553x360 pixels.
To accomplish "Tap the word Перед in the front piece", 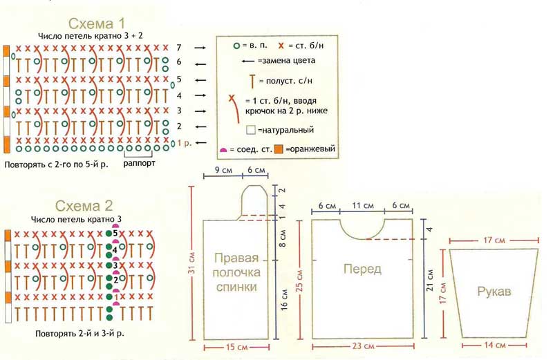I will pyautogui.click(x=362, y=269).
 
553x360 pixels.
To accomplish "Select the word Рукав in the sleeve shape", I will pyautogui.click(x=494, y=292).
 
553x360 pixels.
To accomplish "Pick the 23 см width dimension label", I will pyautogui.click(x=362, y=347).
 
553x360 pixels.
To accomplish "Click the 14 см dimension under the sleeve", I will pyautogui.click(x=494, y=343).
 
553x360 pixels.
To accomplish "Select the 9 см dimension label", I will pyautogui.click(x=222, y=170).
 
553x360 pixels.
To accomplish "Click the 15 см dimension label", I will pyautogui.click(x=238, y=347).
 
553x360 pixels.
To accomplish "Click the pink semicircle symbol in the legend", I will pyautogui.click(x=223, y=150).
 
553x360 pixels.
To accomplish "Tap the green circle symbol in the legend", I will pyautogui.click(x=236, y=46).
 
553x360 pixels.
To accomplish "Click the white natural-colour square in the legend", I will pyautogui.click(x=251, y=130).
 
